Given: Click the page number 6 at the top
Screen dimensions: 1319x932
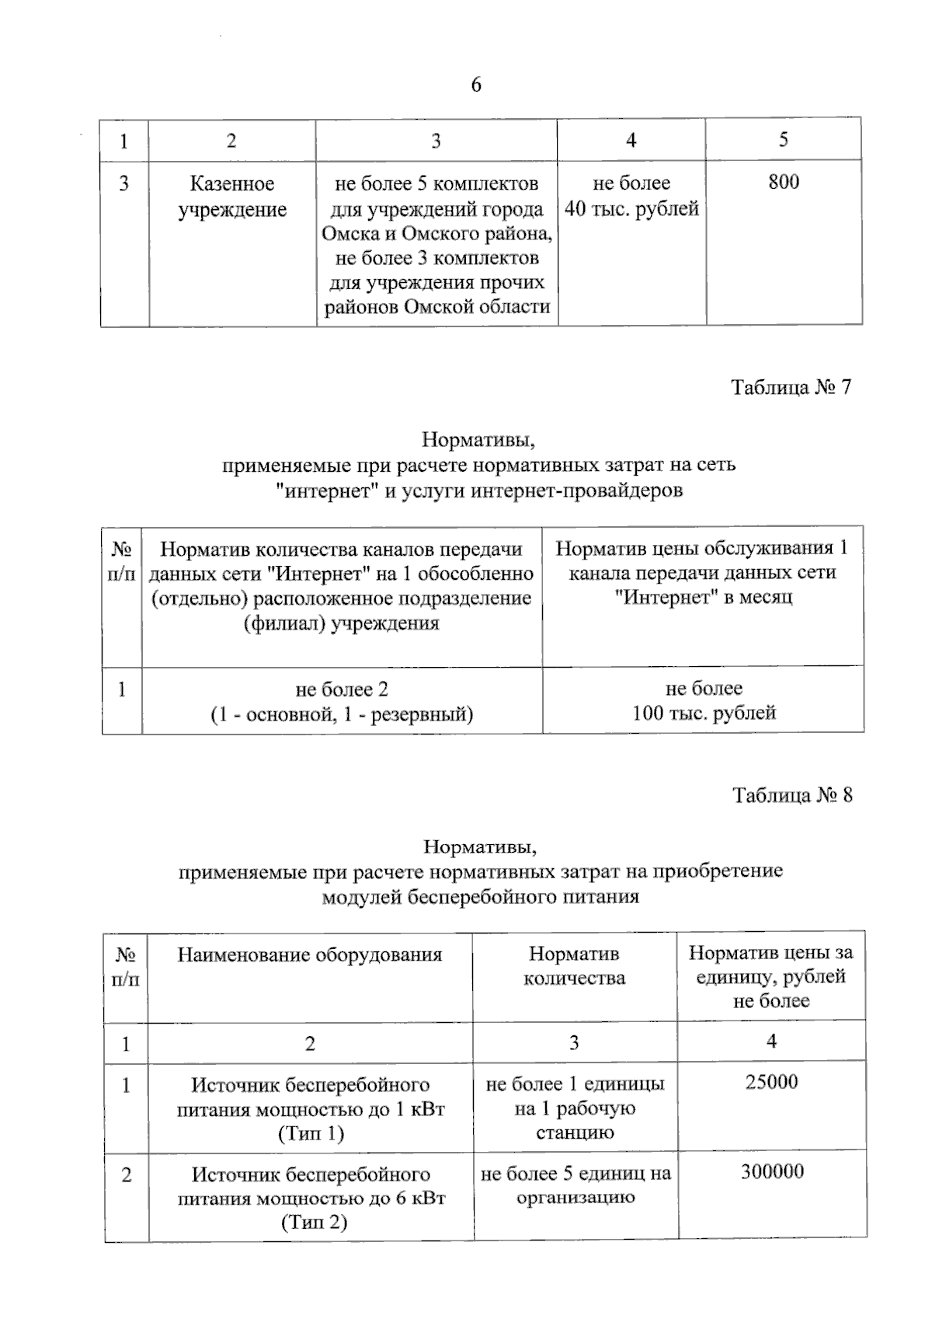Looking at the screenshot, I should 476,85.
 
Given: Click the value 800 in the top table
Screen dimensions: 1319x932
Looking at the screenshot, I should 784,182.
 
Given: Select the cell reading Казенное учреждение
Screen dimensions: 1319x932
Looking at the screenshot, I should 232,197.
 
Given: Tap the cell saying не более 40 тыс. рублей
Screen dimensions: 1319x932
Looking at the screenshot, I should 631,196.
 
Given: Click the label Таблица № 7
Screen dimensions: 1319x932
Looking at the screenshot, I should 791,387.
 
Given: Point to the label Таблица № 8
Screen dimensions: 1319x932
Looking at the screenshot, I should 792,795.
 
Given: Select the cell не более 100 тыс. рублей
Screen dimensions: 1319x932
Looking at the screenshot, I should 704,700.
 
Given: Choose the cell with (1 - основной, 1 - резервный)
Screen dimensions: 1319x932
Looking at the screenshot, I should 342,714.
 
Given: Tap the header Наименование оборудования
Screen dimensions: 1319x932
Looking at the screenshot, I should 309,954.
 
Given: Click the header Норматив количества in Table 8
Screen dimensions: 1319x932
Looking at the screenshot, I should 574,965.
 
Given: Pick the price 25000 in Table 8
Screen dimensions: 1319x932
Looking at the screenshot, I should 771,1082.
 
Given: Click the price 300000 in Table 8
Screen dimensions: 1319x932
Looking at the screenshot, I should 771,1171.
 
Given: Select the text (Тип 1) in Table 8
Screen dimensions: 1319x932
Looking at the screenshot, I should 311,1134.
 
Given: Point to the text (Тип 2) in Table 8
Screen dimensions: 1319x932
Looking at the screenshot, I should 313,1223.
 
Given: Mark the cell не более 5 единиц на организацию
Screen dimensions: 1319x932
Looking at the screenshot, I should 576,1185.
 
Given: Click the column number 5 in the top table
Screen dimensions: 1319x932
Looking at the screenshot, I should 783,139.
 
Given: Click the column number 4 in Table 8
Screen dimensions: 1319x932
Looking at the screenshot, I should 771,1041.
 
